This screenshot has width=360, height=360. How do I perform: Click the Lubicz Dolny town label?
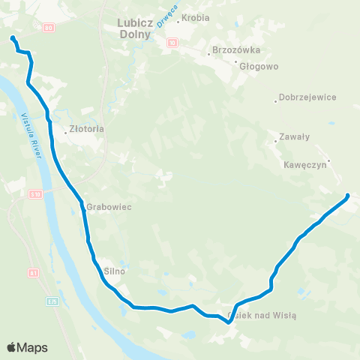135,28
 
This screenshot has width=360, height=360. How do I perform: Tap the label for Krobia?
196,17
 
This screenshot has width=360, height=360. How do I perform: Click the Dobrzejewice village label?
307,97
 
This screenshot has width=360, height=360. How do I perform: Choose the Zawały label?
295,136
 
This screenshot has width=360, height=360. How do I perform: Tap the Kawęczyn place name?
305,165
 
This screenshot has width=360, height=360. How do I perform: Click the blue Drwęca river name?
162,31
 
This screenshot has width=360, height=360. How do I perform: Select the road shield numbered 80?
48,27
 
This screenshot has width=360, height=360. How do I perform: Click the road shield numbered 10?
173,43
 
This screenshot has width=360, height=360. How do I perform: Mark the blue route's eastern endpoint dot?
347,196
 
